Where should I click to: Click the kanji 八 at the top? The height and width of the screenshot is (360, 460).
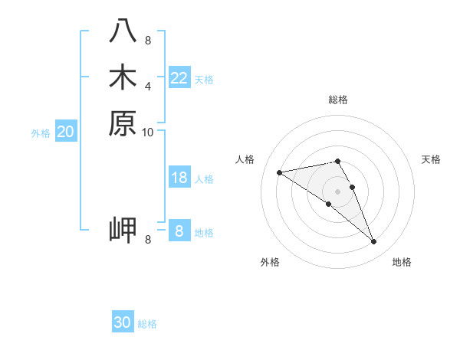click(123, 31)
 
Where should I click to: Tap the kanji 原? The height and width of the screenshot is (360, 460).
click(123, 123)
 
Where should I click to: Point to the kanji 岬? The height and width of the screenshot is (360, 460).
click(123, 229)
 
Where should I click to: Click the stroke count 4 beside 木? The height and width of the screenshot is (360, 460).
click(148, 86)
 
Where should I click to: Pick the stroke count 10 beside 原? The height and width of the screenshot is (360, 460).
click(148, 132)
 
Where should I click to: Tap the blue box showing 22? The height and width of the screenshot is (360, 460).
click(179, 78)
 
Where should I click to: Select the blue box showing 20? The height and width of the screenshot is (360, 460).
click(66, 132)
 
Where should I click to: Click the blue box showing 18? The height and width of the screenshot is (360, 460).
click(179, 178)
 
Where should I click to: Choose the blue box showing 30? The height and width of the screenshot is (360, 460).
click(123, 322)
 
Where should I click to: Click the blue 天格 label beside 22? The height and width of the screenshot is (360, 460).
click(204, 79)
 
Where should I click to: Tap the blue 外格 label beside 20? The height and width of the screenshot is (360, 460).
click(41, 133)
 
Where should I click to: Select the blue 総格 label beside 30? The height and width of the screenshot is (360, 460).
click(147, 324)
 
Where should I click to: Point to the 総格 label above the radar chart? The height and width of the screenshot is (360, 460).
click(338, 100)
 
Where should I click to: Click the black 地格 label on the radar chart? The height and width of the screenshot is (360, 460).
click(402, 262)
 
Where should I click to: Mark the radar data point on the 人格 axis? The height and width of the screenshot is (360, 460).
click(279, 172)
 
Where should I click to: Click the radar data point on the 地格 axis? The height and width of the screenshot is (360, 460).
click(374, 242)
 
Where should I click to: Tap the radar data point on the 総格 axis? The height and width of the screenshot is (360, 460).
click(338, 161)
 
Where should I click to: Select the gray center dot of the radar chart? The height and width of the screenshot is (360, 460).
click(338, 191)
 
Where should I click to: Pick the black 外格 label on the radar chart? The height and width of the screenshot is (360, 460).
click(270, 262)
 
